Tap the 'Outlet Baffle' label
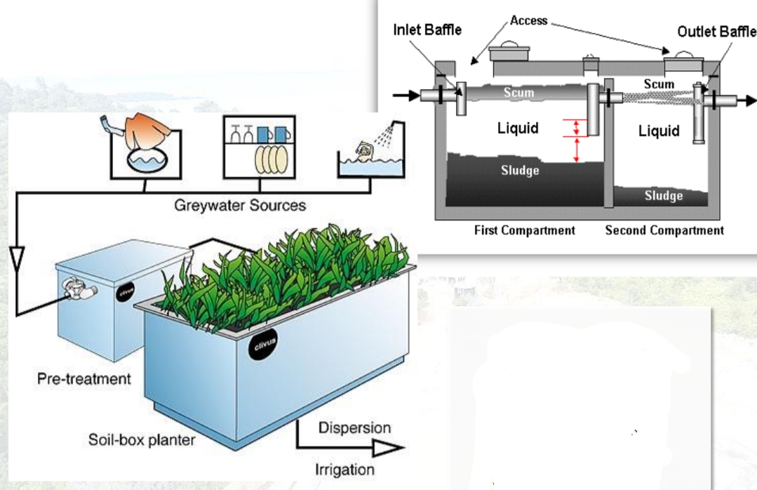coord(716,32)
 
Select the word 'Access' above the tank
coord(529,20)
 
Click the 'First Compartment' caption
coord(525,230)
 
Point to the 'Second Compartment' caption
coord(664,230)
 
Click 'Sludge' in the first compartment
coord(521,171)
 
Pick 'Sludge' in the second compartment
coord(663,196)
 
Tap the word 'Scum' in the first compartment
coord(518,92)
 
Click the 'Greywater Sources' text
coord(241,206)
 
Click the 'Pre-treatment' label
coord(84,379)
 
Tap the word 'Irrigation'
coord(344,468)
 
